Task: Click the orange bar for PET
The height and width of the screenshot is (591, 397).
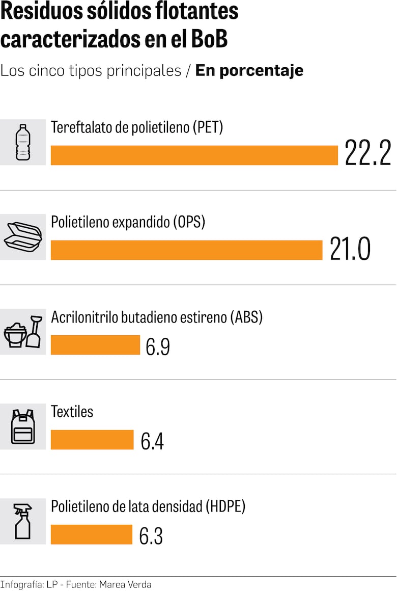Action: coord(194,155)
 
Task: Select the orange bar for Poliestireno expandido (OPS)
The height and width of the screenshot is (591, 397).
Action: coord(187,250)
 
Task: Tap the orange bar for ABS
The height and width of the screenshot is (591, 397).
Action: coord(95,345)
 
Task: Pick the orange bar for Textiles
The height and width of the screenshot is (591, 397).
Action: coord(92,440)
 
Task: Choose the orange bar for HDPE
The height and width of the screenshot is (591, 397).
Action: coord(92,534)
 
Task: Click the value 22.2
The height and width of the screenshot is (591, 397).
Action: coord(368,153)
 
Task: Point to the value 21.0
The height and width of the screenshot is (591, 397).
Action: coord(350,249)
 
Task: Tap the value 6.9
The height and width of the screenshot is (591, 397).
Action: coord(158,347)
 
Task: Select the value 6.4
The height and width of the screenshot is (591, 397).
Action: coord(152,442)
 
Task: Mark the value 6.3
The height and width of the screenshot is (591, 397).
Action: coord(151,536)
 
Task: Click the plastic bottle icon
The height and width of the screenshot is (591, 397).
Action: coord(23,142)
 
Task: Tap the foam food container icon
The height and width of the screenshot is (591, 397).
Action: coord(23,237)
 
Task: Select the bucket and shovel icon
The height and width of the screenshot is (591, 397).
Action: coord(23,332)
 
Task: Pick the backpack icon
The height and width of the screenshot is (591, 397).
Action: coord(23,426)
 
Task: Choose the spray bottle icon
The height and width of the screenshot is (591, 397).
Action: coord(23,521)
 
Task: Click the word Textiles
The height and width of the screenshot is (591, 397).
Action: coord(72,412)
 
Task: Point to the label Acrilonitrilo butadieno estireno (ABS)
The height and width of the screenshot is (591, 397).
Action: coord(157,317)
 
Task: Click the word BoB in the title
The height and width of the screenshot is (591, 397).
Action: coord(207,40)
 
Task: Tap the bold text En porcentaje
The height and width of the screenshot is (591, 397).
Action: coord(249,70)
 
